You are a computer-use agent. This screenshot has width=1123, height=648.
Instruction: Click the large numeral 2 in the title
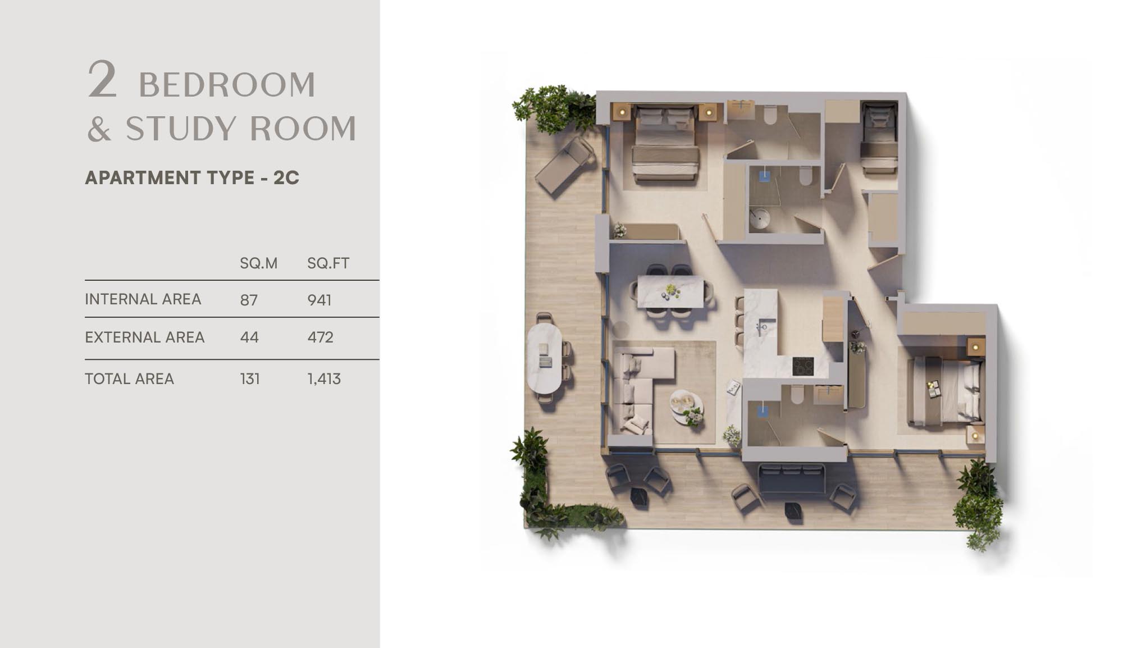coord(102,80)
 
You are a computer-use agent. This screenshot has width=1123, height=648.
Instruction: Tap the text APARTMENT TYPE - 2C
coord(192,177)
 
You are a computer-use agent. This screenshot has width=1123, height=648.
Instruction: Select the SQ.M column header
coord(258,263)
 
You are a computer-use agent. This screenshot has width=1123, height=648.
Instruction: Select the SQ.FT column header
coord(328,263)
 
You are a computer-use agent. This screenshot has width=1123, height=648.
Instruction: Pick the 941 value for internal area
coord(319,300)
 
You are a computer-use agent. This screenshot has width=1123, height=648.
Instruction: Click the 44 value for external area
coord(249,337)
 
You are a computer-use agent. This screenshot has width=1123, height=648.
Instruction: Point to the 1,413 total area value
coord(324,379)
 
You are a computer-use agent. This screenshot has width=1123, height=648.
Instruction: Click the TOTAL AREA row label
coord(129,379)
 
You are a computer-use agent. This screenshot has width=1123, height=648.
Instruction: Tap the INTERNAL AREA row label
coord(143,299)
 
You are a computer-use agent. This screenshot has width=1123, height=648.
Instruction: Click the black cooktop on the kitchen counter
coord(803,366)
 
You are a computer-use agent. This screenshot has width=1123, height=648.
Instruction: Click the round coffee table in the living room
coord(686,405)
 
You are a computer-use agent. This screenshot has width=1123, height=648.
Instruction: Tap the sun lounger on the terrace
coord(564,165)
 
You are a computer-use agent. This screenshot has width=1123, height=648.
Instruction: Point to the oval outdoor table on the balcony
coord(544,358)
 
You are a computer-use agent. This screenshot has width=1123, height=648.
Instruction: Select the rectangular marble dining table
coord(670,291)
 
